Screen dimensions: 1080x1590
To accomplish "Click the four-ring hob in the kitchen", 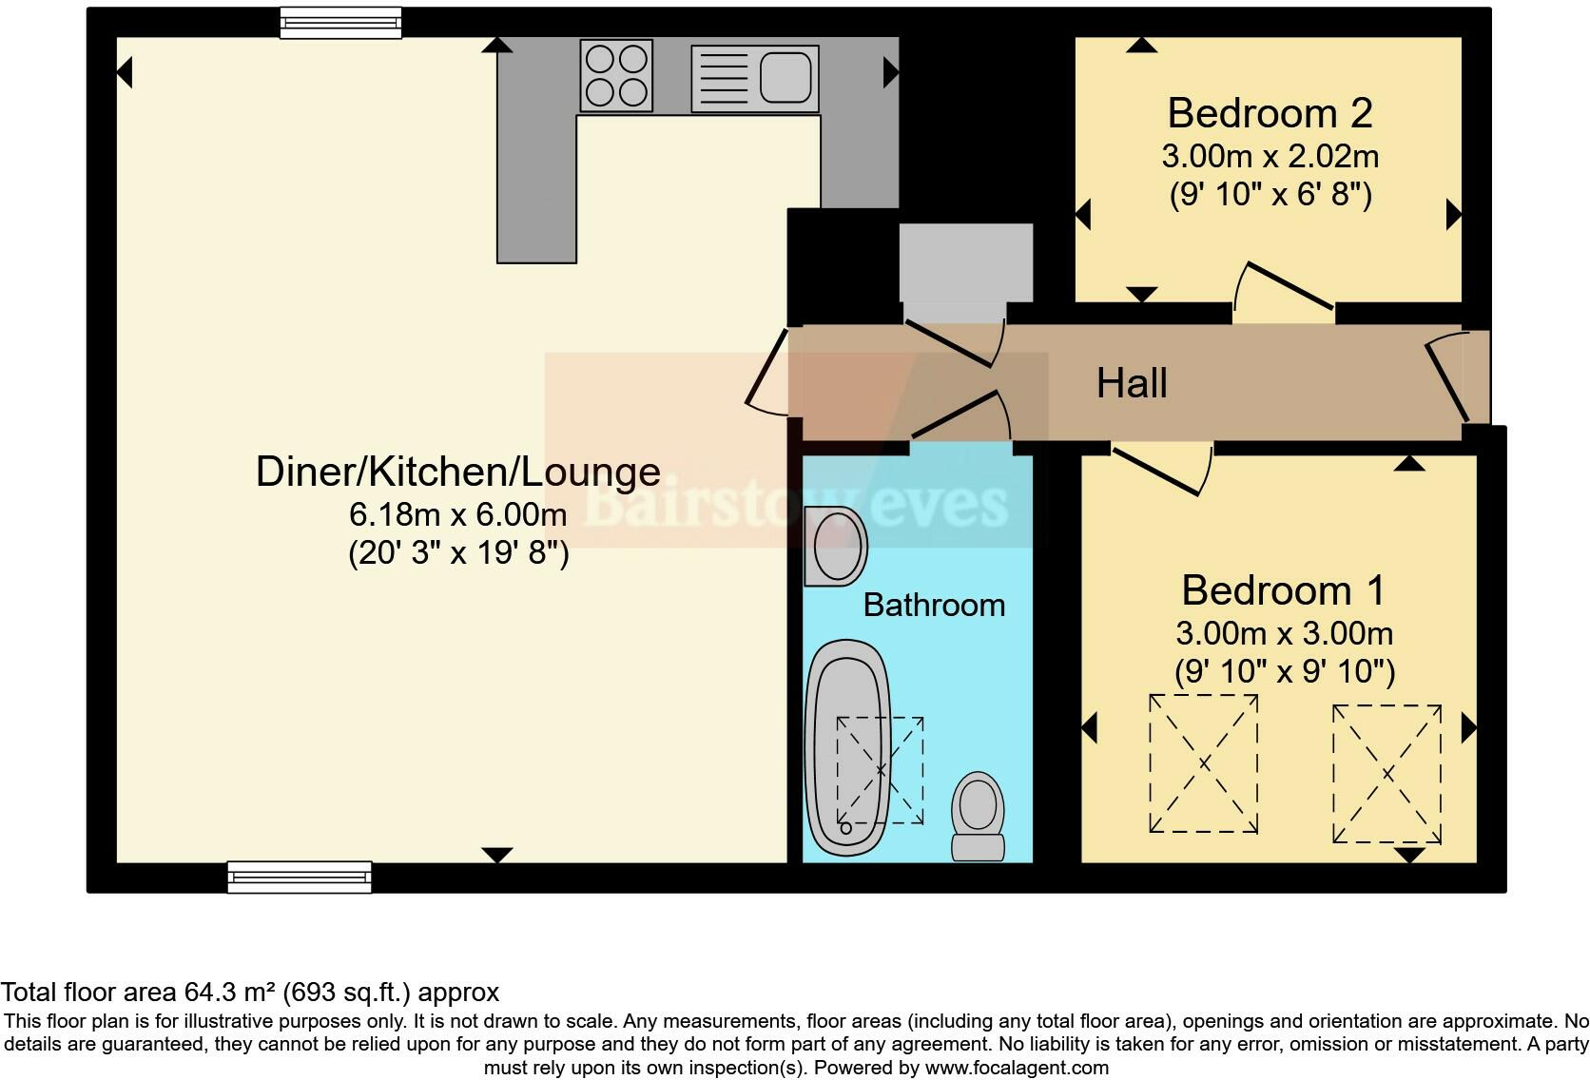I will click(x=617, y=76).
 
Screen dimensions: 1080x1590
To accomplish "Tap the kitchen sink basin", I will click(x=785, y=76).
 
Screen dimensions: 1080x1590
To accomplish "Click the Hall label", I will click(x=1132, y=383).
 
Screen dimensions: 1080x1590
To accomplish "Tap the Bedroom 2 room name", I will click(x=1270, y=113).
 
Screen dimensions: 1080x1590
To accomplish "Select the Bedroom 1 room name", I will click(x=1283, y=590).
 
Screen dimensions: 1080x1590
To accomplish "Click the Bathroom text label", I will click(x=934, y=605).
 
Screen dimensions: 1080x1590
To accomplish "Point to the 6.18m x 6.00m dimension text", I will click(x=458, y=514).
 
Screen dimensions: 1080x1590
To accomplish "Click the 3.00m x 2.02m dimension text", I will click(x=1270, y=156).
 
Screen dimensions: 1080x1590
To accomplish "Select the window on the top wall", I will click(x=340, y=22).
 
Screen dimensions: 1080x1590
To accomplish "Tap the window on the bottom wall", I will click(x=300, y=877).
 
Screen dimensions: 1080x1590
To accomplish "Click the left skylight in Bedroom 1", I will click(x=1203, y=763).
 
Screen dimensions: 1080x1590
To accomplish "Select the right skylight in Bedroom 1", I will click(x=1386, y=774).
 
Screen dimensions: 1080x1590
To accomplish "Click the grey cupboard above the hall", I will click(x=965, y=262).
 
